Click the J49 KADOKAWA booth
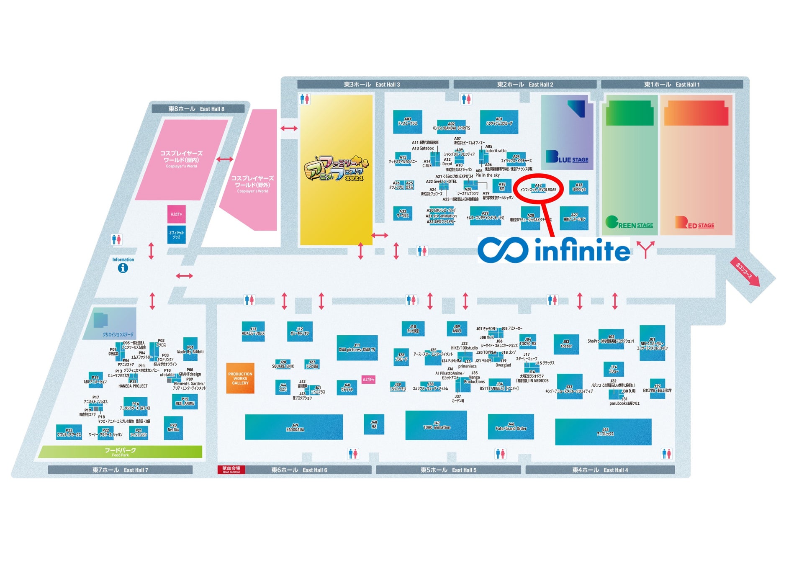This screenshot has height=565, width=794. coord(294,427)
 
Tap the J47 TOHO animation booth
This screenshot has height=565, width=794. coord(436,426)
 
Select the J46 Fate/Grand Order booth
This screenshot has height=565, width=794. coord(511,426)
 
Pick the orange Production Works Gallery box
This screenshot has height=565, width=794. coord(240,378)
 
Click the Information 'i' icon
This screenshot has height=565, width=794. coord(123,268)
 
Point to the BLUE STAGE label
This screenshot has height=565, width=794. coord(567,157)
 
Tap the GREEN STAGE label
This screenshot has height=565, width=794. coord(629,223)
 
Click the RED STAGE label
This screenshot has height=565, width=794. coord(694,223)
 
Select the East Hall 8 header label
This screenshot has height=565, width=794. coord(197,109)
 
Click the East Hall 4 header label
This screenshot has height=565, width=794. coord(600,470)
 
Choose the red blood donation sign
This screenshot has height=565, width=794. coord(231,470)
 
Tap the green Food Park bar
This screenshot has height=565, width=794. coord(120,452)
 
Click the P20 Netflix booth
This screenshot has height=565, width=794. coord(173,428)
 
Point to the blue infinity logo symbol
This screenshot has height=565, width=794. coord(503,250)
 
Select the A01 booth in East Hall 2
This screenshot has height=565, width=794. coord(499,122)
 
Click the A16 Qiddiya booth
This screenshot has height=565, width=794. coord(579,187)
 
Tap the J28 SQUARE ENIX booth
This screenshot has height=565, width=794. coord(283,364)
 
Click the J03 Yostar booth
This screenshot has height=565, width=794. coord(566,344)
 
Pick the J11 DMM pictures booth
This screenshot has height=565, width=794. coord(357,348)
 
